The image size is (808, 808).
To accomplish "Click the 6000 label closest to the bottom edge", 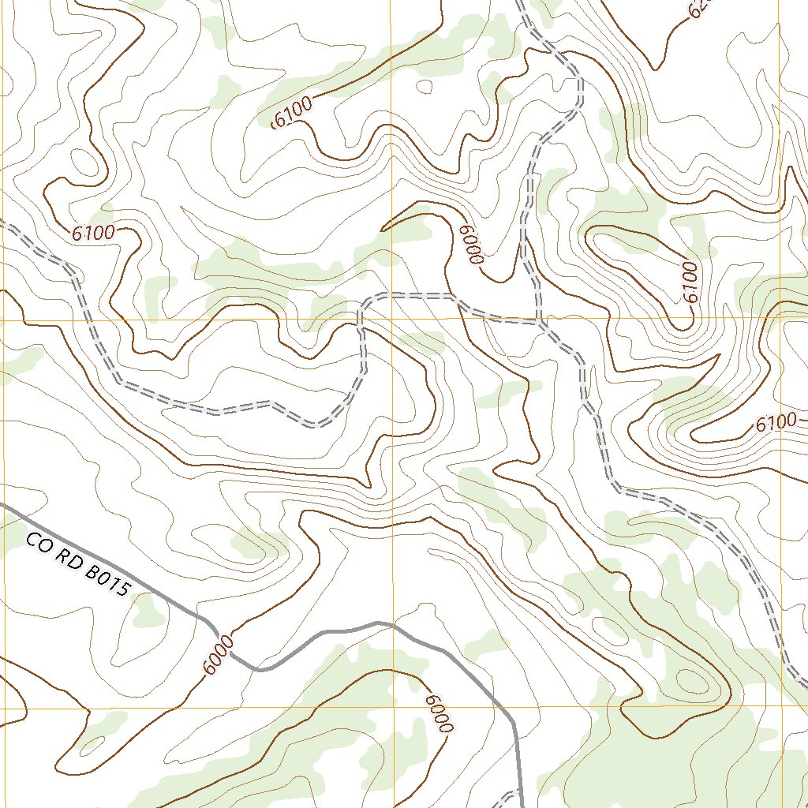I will pos(439,713).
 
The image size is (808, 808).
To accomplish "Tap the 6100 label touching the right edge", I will pos(780,422).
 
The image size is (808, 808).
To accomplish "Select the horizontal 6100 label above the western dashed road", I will pos(93,233).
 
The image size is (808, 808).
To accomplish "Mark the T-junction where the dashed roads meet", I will pos(539,322).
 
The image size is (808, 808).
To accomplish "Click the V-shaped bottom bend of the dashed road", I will pos(316,426).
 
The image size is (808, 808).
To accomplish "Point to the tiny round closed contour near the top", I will pos(424,84).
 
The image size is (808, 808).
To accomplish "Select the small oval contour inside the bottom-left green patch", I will pos(92,743).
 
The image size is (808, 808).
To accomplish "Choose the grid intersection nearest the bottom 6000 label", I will pos(392,708).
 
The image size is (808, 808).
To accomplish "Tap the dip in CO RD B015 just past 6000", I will pos(264,669).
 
